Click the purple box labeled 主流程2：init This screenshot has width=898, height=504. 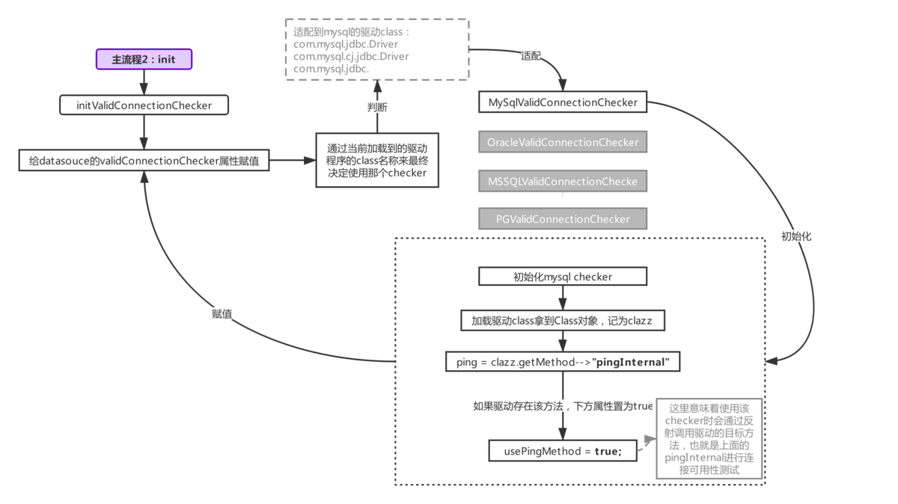[144, 59]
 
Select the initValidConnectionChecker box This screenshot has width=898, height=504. [144, 105]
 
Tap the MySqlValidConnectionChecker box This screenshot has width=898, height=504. [563, 102]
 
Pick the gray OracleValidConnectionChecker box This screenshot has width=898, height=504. [563, 142]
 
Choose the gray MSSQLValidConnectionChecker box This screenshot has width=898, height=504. [563, 181]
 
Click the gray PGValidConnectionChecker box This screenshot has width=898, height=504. [563, 219]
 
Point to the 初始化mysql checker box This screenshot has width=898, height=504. [563, 277]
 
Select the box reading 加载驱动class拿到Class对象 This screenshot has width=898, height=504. [563, 321]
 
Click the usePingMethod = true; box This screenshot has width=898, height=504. [563, 451]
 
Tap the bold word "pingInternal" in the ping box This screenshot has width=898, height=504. [631, 362]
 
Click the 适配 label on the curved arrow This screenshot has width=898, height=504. [531, 55]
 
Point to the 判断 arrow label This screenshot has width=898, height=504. [377, 107]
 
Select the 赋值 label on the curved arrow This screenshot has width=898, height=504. [222, 314]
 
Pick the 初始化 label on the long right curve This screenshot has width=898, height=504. [796, 236]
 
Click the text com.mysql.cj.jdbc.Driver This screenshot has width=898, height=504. [351, 56]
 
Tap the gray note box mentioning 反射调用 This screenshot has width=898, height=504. [709, 439]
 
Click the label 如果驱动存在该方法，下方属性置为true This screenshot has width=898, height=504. [563, 406]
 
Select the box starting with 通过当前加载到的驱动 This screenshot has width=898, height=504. [377, 160]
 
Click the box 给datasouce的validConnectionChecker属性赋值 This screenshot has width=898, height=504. [144, 160]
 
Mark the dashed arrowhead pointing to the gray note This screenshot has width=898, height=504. [650, 440]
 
